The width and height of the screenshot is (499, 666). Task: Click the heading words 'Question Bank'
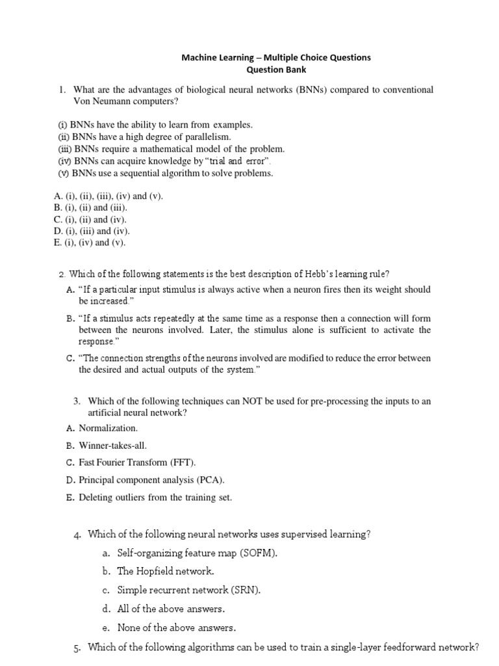tap(276, 70)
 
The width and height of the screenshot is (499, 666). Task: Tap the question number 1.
tap(62, 89)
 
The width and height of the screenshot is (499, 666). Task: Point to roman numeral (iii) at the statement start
tap(64, 149)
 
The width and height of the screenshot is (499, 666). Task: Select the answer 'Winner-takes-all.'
tap(112, 446)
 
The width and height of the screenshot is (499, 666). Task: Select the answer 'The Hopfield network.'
tap(165, 572)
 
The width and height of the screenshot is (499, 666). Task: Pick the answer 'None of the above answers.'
tap(176, 628)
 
